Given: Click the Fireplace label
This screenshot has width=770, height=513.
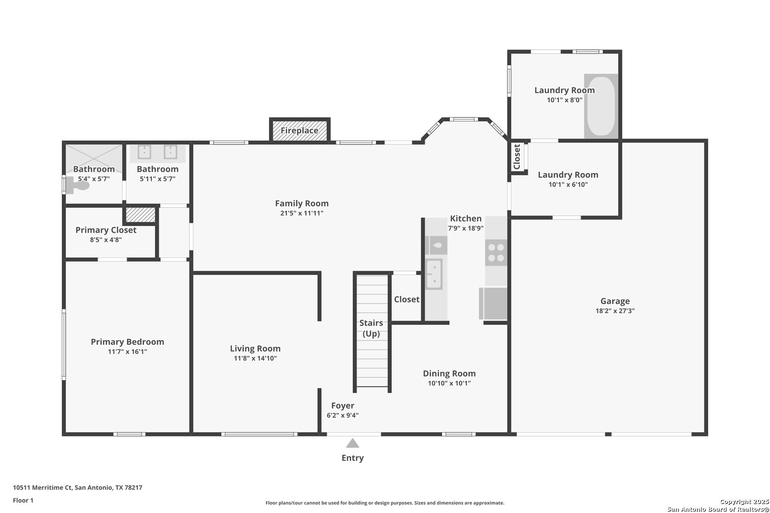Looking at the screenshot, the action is click(299, 131).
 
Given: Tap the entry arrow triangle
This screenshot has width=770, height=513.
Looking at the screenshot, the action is click(352, 443).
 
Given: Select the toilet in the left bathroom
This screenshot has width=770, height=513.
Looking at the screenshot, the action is click(78, 185).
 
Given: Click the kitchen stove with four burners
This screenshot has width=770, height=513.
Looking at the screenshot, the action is click(496, 253).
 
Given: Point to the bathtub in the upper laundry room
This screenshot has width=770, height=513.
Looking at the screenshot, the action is click(601, 106).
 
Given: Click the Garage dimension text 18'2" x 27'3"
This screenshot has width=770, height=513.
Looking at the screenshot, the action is click(615, 311).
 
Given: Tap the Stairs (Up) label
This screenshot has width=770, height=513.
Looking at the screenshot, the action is click(371, 328).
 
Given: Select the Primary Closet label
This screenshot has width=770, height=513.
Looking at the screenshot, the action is click(106, 230).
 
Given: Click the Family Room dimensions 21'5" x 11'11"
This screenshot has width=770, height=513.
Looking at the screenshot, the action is click(302, 213).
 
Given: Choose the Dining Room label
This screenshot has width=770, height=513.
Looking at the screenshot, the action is click(449, 373).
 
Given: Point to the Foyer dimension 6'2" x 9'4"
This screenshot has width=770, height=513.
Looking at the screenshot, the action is click(343, 416).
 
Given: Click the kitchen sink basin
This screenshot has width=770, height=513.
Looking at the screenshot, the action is click(434, 274).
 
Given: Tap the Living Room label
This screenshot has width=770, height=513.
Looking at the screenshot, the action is click(255, 349).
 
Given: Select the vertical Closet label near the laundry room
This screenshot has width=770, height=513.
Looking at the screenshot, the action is click(517, 157).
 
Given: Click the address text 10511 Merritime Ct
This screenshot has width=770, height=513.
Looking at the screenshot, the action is click(43, 487).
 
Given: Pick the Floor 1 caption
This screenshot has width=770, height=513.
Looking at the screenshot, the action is click(23, 500).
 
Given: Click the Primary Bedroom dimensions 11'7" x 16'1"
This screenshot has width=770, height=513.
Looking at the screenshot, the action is click(127, 351).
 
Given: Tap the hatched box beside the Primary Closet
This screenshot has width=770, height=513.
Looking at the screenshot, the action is click(141, 215).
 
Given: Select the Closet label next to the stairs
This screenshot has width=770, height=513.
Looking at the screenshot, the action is click(407, 299).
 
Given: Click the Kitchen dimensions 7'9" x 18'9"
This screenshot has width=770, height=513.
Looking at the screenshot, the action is click(466, 228).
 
